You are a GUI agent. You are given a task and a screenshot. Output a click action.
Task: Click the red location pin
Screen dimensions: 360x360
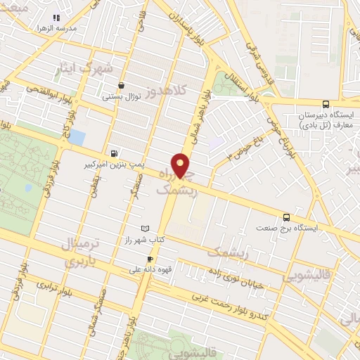click(181, 165)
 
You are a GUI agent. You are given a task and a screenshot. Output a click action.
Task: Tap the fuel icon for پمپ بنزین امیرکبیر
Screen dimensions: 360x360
click(114, 153)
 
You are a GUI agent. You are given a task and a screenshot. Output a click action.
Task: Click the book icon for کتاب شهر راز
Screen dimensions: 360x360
click(146, 229)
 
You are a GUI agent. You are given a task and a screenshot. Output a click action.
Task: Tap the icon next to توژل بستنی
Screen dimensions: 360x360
click(122, 84)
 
